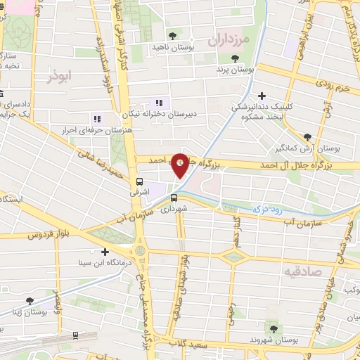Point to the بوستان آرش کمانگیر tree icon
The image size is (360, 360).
(307, 136)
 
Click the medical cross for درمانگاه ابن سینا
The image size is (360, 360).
(105, 252)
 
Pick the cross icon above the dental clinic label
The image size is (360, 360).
(262, 96)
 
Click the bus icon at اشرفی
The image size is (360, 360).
(139, 181)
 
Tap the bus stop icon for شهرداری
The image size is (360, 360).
(174, 198)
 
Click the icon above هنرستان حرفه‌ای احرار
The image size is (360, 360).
(96, 119)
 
